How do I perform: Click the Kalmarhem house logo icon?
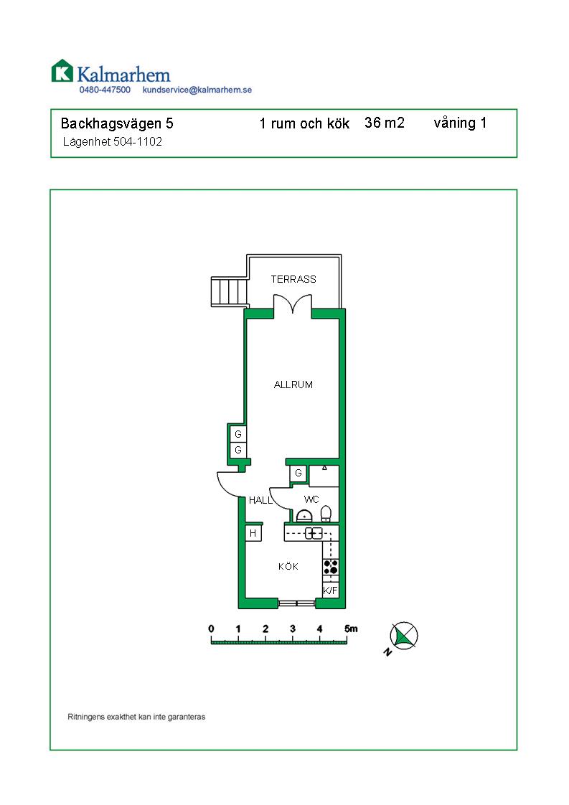(62, 70)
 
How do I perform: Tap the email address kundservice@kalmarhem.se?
(197, 90)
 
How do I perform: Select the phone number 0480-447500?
(105, 90)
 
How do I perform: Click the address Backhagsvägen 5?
(117, 123)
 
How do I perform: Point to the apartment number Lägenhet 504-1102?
(112, 142)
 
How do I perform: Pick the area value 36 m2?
(385, 123)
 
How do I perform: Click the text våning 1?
(460, 123)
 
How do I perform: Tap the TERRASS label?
(293, 279)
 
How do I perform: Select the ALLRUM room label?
(293, 385)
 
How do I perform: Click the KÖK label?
(288, 567)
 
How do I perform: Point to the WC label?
(311, 499)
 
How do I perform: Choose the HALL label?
(260, 501)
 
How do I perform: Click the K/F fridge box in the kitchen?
(330, 590)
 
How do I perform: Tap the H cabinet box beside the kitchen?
(253, 534)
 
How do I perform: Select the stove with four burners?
(331, 567)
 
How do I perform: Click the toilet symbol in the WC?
(326, 513)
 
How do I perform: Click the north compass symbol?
(404, 636)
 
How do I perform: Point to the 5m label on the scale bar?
(350, 629)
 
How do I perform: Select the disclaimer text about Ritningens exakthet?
(136, 717)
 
